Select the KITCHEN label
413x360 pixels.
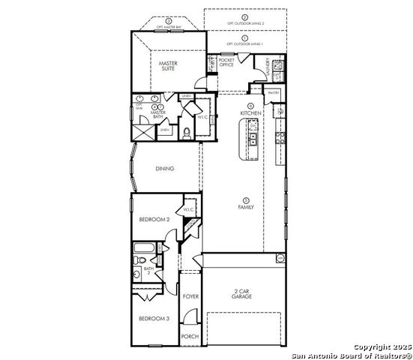[x=250, y=112]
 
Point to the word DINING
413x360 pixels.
[x=165, y=169]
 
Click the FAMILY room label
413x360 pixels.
[x=246, y=206]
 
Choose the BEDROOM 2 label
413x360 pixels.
[x=154, y=219]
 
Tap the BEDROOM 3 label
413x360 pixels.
[x=154, y=319]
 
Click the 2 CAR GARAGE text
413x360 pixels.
[x=241, y=294]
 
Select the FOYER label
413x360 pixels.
[x=190, y=297]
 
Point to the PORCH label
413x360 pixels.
[x=190, y=336]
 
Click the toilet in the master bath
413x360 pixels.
[x=186, y=133]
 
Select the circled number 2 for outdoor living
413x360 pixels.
[x=244, y=16]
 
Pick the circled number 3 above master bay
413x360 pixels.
[x=169, y=20]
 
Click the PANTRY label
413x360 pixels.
[x=273, y=92]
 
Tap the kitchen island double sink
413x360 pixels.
[x=253, y=139]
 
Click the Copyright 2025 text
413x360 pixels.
[x=382, y=346]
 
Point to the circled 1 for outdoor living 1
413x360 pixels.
[x=244, y=37]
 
